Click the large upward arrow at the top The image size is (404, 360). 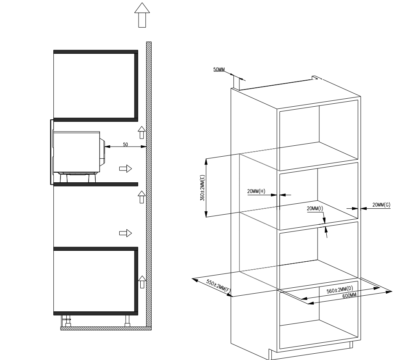tap(142, 15)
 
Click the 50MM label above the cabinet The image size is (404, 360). tap(219, 69)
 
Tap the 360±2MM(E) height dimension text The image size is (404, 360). tap(202, 188)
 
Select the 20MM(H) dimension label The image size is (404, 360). tap(256, 191)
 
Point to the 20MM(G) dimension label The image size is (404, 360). tap(381, 205)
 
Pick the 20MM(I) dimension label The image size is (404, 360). tap(315, 208)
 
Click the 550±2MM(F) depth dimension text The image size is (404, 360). tap(218, 286)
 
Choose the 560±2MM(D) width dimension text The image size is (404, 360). tap(340, 290)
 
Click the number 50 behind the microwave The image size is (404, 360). tap(126, 145)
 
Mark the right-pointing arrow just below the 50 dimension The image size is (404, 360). tap(126, 169)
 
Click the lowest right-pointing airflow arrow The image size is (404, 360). tap(126, 233)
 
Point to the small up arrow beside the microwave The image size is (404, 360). tap(142, 132)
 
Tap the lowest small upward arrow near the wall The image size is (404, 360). tap(142, 282)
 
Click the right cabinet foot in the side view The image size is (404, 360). tap(127, 321)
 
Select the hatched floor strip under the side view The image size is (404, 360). tap(106, 328)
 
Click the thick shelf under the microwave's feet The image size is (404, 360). tap(96, 184)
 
